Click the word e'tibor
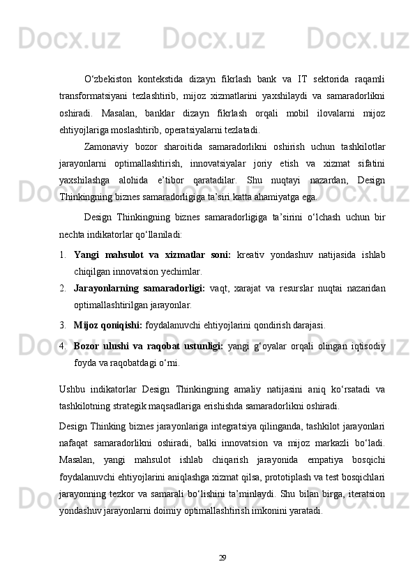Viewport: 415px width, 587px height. [174, 181]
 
